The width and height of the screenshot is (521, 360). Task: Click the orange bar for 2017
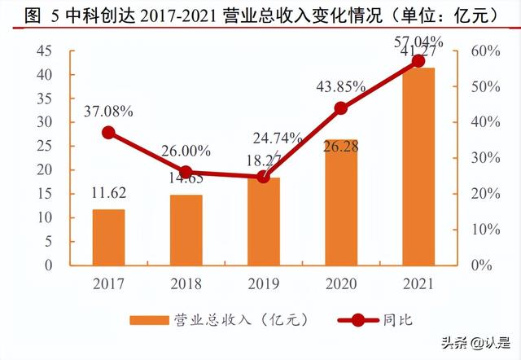108,237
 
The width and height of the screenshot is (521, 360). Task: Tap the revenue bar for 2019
263,222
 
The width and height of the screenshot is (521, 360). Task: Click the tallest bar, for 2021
418,166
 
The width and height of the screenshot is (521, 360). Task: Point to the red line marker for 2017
108,133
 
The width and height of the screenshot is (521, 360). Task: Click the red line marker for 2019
263,176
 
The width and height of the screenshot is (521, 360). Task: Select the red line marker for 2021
418,61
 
